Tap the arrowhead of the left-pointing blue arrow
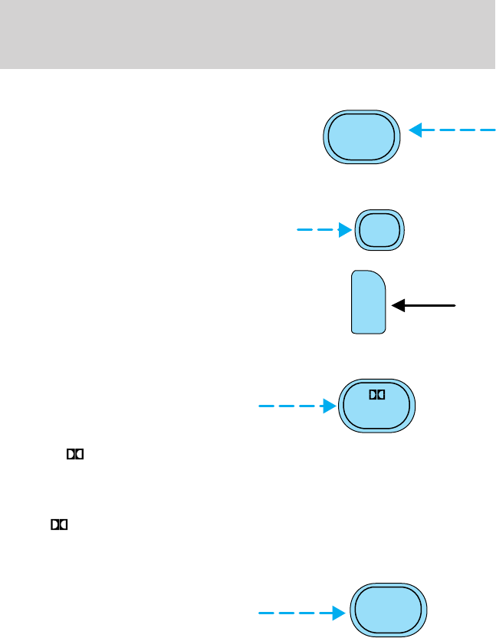416,130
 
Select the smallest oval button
379,229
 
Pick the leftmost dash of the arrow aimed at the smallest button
303,229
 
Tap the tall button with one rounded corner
368,301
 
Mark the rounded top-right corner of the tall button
379,278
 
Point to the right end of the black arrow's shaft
456,305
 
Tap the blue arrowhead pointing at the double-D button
331,406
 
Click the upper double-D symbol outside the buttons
74,455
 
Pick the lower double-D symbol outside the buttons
60,525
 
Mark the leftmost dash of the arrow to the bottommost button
265,613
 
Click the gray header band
248,34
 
